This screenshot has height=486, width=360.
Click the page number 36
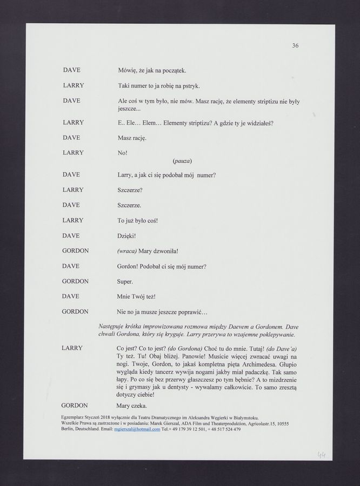point(295,46)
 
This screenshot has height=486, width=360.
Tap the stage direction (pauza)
point(182,161)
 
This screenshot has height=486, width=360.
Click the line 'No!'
point(122,153)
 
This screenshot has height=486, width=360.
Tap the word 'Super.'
point(125,281)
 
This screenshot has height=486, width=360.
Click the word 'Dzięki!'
point(126,236)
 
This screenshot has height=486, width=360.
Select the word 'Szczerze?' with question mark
point(130,190)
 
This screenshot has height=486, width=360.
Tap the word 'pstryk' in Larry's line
point(190,86)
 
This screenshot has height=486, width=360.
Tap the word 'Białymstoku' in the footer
point(243,418)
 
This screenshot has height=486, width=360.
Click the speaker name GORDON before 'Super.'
point(76,281)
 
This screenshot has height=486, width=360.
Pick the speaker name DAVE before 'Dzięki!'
point(71,236)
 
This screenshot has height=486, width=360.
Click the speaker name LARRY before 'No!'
point(73,153)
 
